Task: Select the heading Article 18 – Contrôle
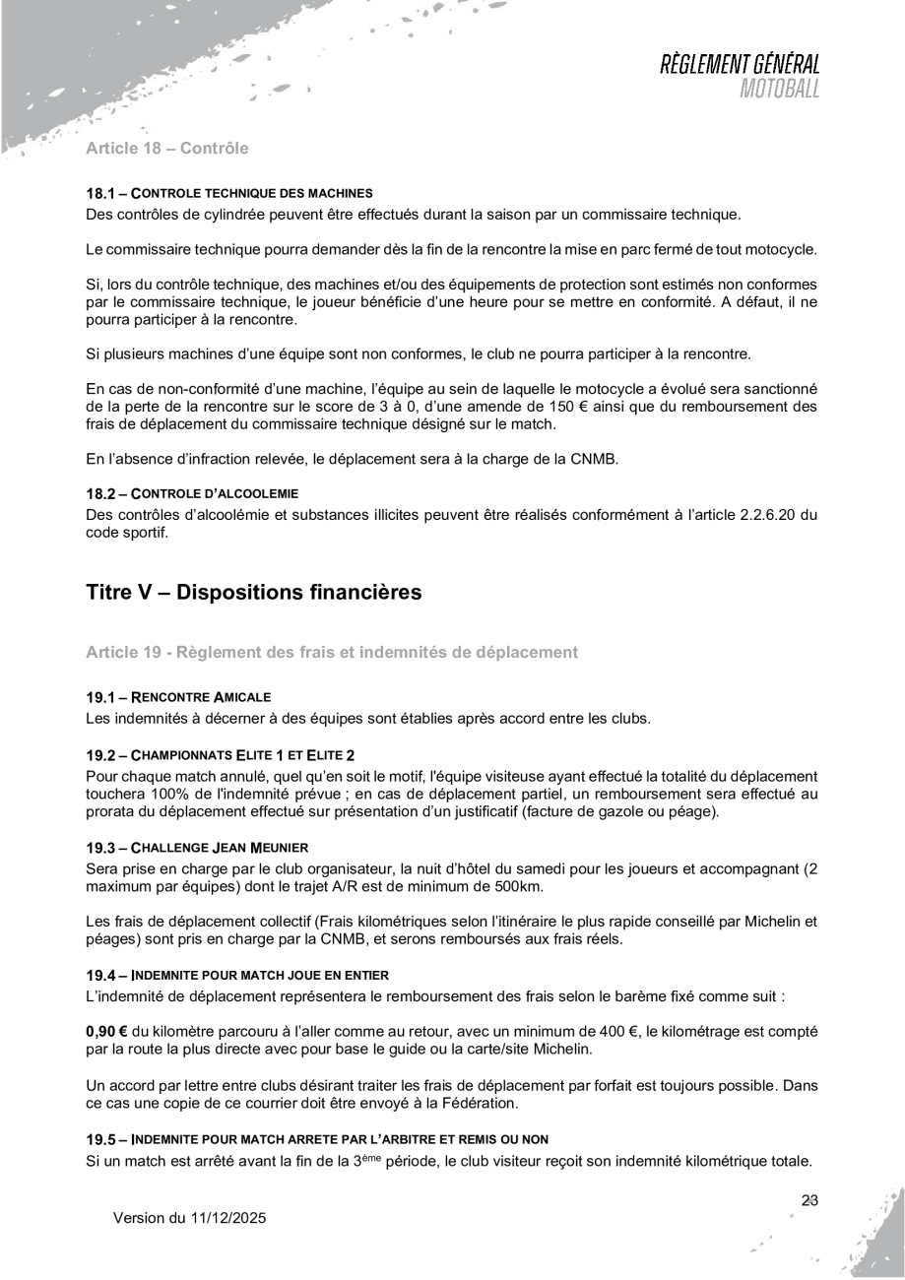point(167,150)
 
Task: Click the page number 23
point(810,1200)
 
